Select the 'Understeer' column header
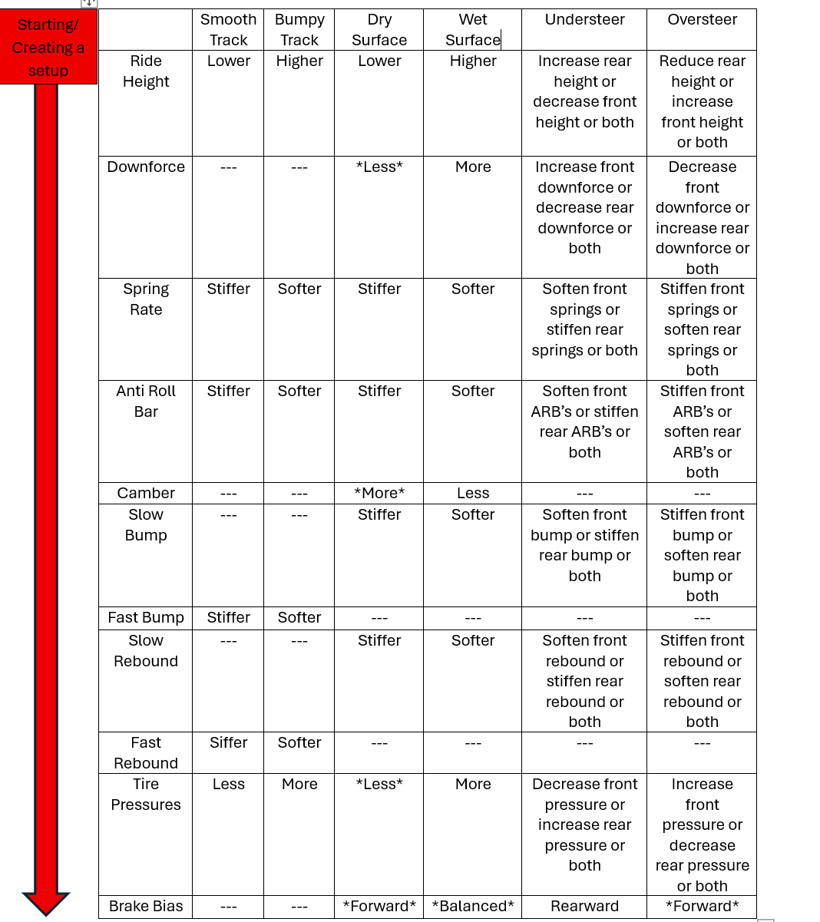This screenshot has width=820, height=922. pos(584,20)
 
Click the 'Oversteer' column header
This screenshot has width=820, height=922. pos(702,20)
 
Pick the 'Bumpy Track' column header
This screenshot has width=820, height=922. pos(299,30)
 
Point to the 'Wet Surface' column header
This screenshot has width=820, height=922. pos(473,30)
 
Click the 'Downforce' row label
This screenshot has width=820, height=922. pos(146,167)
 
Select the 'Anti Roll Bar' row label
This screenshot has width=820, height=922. pos(146,402)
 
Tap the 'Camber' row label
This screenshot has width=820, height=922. pos(146,494)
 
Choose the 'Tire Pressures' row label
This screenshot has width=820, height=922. pos(146,795)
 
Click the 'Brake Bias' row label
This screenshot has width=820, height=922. pos(146,907)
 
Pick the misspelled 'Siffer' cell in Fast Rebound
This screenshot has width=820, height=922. pos(228,743)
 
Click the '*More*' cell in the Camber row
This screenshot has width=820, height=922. pos(379,494)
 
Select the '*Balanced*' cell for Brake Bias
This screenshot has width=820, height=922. pos(473,907)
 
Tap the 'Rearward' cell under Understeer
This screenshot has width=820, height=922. pos(584,907)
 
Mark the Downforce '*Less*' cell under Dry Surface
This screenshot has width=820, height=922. pos(379,167)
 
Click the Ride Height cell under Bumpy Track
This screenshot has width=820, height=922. pos(299,61)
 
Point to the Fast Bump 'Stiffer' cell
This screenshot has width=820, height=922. pos(228,618)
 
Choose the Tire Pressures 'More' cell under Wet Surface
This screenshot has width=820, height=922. pos(473,785)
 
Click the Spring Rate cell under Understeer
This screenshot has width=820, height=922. pos(584,319)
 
